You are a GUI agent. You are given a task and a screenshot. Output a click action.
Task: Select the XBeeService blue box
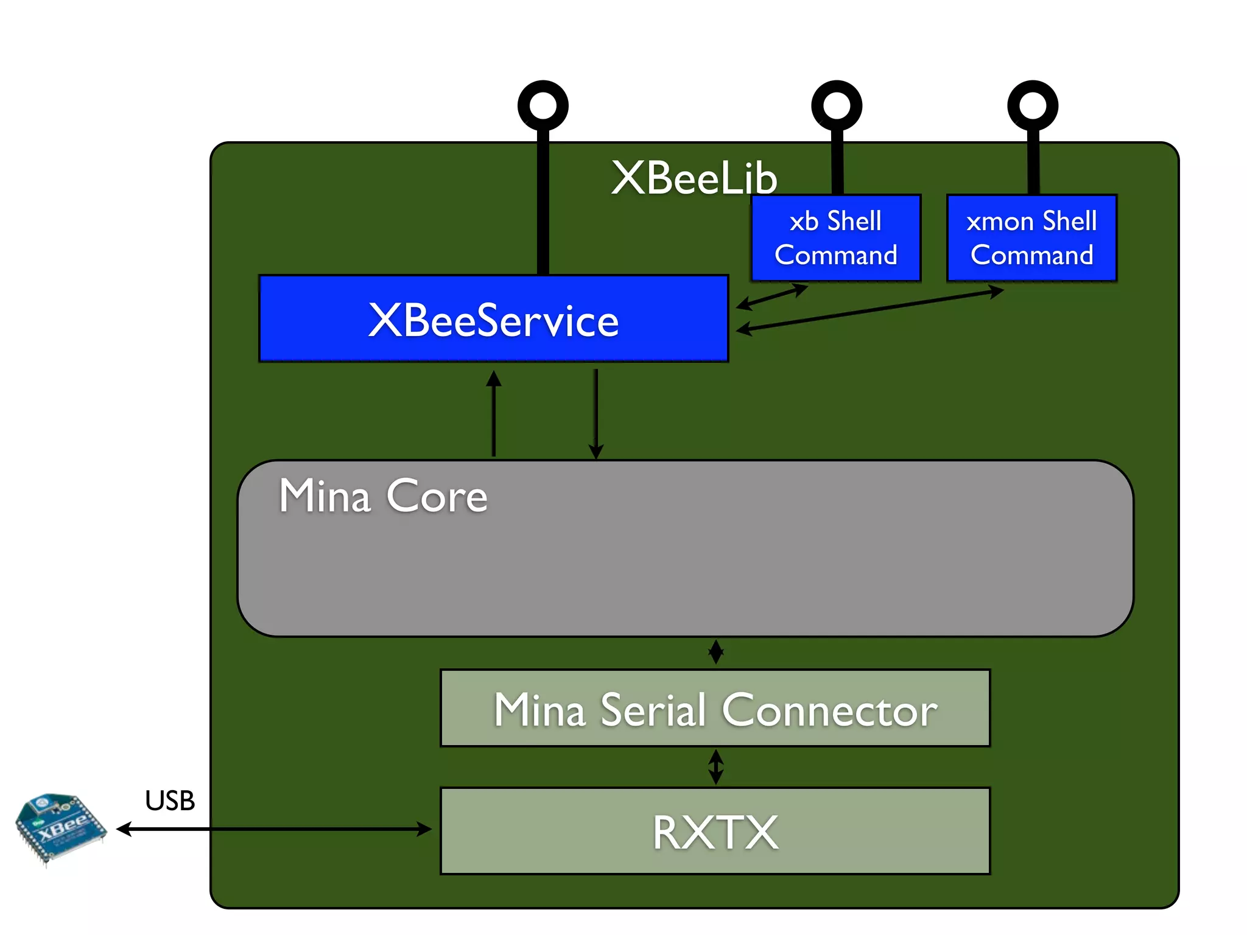click(x=493, y=319)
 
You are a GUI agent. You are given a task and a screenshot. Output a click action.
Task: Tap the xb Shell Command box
click(x=835, y=238)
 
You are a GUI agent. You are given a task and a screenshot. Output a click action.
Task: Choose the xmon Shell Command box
click(x=1031, y=238)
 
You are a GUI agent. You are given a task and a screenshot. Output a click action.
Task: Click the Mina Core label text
click(x=383, y=496)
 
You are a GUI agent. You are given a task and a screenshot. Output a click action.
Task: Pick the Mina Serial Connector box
click(x=715, y=709)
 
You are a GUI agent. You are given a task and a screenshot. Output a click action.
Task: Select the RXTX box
click(x=715, y=832)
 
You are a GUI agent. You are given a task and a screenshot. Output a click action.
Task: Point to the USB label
click(x=170, y=800)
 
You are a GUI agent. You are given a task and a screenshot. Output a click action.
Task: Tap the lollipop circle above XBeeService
click(x=543, y=105)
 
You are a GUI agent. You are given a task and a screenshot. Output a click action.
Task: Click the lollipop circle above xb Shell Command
click(x=837, y=105)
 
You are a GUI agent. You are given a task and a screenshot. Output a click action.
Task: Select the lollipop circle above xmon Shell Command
click(x=1033, y=105)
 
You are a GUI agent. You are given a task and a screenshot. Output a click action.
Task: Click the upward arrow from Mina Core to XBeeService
click(x=494, y=414)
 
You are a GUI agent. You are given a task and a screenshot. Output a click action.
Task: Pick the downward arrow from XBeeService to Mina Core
click(x=596, y=414)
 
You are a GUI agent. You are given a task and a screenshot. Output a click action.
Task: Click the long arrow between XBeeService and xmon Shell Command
click(x=871, y=310)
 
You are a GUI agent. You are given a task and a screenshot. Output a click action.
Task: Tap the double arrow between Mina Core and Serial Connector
click(x=716, y=652)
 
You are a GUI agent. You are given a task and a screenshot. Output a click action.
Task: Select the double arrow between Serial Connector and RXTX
click(x=716, y=766)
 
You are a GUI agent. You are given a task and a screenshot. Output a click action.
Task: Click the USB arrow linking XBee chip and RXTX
click(x=274, y=828)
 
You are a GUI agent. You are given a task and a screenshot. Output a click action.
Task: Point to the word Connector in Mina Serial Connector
click(x=829, y=710)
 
